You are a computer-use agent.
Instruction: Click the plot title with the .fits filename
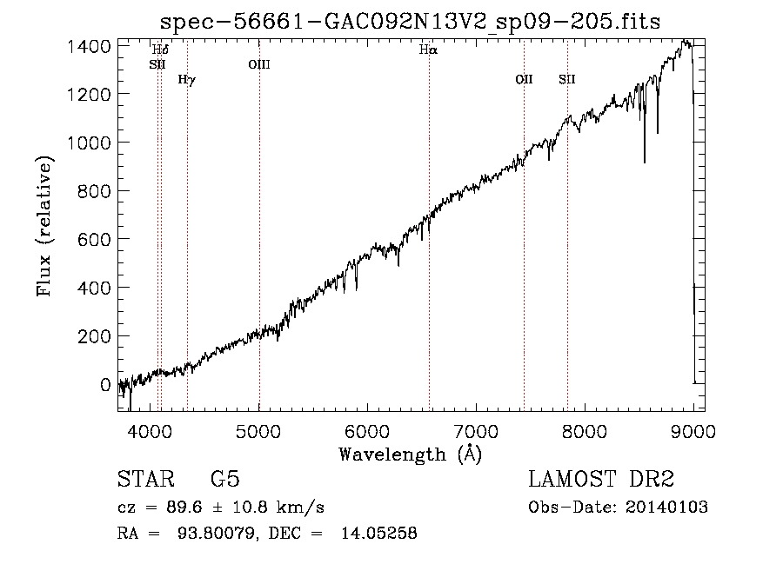pyautogui.click(x=410, y=22)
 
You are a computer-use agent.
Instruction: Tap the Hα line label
pyautogui.click(x=428, y=50)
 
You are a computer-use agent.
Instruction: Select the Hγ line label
pyautogui.click(x=187, y=80)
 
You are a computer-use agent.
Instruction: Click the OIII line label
pyautogui.click(x=259, y=64)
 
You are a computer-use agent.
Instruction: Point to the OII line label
pyautogui.click(x=524, y=79)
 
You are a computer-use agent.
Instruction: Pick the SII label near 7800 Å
pyautogui.click(x=566, y=79)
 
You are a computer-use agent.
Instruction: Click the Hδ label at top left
pyautogui.click(x=160, y=50)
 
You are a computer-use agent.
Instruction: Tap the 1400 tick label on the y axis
pyautogui.click(x=89, y=46)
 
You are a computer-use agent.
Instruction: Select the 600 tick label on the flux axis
pyautogui.click(x=94, y=239)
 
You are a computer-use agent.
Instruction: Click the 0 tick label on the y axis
pyautogui.click(x=105, y=384)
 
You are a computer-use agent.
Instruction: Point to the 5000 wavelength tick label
pyautogui.click(x=258, y=431)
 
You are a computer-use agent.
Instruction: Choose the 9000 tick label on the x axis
pyautogui.click(x=693, y=431)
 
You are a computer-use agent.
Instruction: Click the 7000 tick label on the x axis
pyautogui.click(x=476, y=431)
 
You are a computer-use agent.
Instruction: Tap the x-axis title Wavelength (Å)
pyautogui.click(x=411, y=454)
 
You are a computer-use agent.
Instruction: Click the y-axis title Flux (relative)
pyautogui.click(x=44, y=227)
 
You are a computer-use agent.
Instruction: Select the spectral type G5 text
pyautogui.click(x=225, y=479)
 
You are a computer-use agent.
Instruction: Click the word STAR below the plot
pyautogui.click(x=145, y=479)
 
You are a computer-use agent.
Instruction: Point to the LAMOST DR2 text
pyautogui.click(x=601, y=479)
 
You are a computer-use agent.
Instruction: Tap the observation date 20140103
pyautogui.click(x=666, y=508)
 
